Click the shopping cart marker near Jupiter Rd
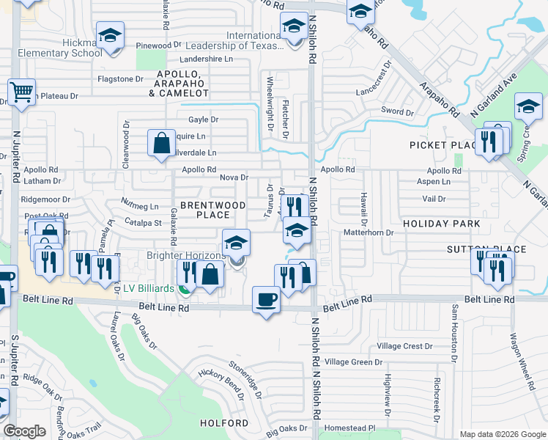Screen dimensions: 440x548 tap(23, 92)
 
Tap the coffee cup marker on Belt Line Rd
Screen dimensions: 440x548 tap(266, 299)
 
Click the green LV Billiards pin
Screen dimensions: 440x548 tap(185, 288)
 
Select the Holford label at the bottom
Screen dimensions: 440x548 tap(223, 423)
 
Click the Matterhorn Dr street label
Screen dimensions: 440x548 tap(369, 232)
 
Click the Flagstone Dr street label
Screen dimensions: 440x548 tap(121, 78)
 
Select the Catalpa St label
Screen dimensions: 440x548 tap(143, 222)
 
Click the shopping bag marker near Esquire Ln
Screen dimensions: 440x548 tap(161, 143)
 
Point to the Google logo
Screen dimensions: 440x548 tap(25, 431)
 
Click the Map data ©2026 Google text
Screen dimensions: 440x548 tap(503, 434)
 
